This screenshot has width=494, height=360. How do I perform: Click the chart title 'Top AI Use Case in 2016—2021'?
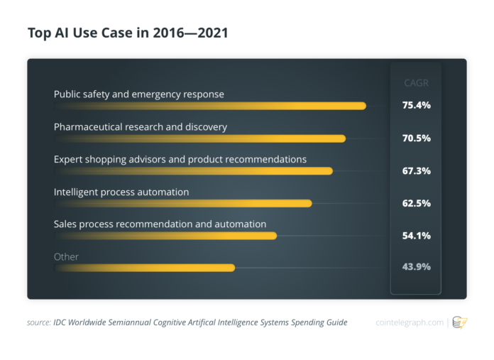click(128, 33)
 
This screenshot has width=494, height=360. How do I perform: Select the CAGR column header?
click(415, 83)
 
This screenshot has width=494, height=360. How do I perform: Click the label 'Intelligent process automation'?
click(121, 192)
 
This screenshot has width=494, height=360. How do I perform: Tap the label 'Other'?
click(66, 256)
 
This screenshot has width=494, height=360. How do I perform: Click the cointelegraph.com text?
click(408, 322)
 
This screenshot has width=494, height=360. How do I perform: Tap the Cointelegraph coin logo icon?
click(460, 322)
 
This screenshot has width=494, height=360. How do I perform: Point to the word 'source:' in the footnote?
click(38, 322)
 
